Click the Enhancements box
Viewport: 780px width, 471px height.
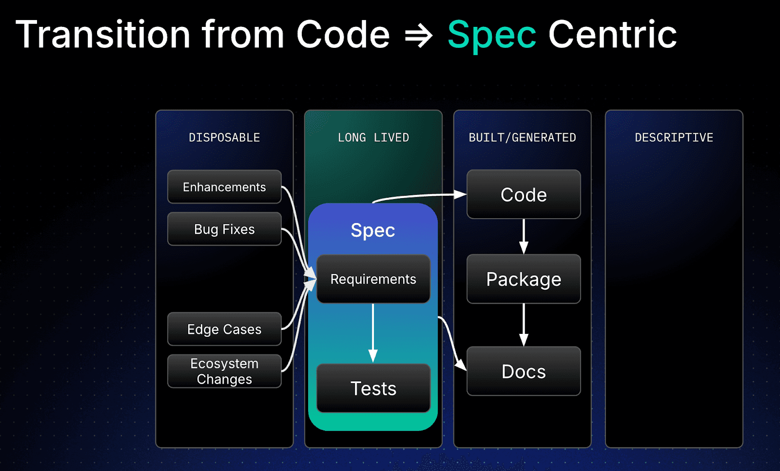pyautogui.click(x=224, y=187)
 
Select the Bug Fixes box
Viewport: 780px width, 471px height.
pyautogui.click(x=224, y=229)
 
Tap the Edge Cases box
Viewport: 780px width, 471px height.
pyautogui.click(x=224, y=329)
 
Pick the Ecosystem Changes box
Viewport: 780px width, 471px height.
pyautogui.click(x=224, y=371)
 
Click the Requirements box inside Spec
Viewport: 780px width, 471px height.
pyautogui.click(x=373, y=279)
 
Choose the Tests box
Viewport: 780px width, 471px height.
pyautogui.click(x=373, y=389)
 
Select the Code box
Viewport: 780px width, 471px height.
pyautogui.click(x=524, y=195)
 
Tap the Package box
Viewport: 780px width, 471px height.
pyautogui.click(x=524, y=279)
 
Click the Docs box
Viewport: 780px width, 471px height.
pyautogui.click(x=524, y=371)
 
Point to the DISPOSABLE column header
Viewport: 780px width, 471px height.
pyautogui.click(x=224, y=138)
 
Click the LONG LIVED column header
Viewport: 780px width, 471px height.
pyautogui.click(x=373, y=138)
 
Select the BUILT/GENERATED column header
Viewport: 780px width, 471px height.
pyautogui.click(x=522, y=138)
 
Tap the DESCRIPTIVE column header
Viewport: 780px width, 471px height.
pyautogui.click(x=674, y=138)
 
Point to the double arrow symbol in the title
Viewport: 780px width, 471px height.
pyautogui.click(x=419, y=36)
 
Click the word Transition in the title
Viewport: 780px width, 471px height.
pyautogui.click(x=103, y=34)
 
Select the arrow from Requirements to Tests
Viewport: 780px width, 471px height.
pyautogui.click(x=373, y=333)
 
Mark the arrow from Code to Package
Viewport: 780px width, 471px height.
pyautogui.click(x=524, y=237)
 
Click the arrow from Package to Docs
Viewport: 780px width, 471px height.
pyautogui.click(x=524, y=325)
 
